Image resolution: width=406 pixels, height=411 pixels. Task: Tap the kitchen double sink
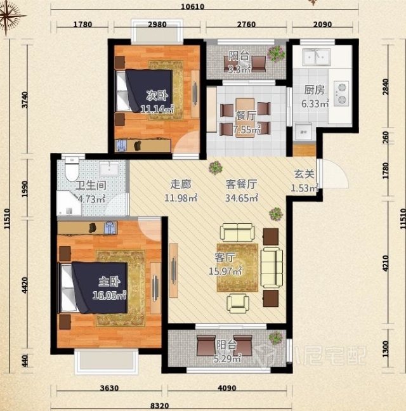tap(317, 56)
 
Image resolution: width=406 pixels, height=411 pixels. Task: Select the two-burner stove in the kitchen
tap(341, 94)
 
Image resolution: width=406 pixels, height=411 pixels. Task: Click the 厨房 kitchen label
tap(314, 90)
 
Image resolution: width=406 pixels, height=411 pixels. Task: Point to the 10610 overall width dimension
tap(193, 6)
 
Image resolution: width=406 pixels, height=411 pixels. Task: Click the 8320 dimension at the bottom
tap(160, 407)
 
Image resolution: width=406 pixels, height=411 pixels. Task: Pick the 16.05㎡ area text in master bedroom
tap(109, 296)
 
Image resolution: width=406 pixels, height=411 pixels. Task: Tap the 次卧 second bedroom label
tap(157, 95)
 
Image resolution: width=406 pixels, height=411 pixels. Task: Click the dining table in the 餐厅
tap(245, 117)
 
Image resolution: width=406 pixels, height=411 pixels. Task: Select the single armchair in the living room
tap(238, 303)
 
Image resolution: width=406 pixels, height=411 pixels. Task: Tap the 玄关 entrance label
tap(304, 174)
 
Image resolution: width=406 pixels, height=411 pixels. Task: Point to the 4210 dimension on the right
tap(385, 263)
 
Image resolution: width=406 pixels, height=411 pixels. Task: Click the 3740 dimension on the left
tap(25, 100)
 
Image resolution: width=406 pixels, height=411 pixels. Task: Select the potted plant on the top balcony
tap(276, 53)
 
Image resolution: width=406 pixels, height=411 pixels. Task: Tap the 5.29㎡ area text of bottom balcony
tap(227, 358)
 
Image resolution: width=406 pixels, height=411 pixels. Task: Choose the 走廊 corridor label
tap(180, 185)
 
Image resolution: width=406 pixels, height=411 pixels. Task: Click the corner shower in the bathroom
tap(69, 203)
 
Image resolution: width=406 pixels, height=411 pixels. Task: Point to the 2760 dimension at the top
tap(246, 24)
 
